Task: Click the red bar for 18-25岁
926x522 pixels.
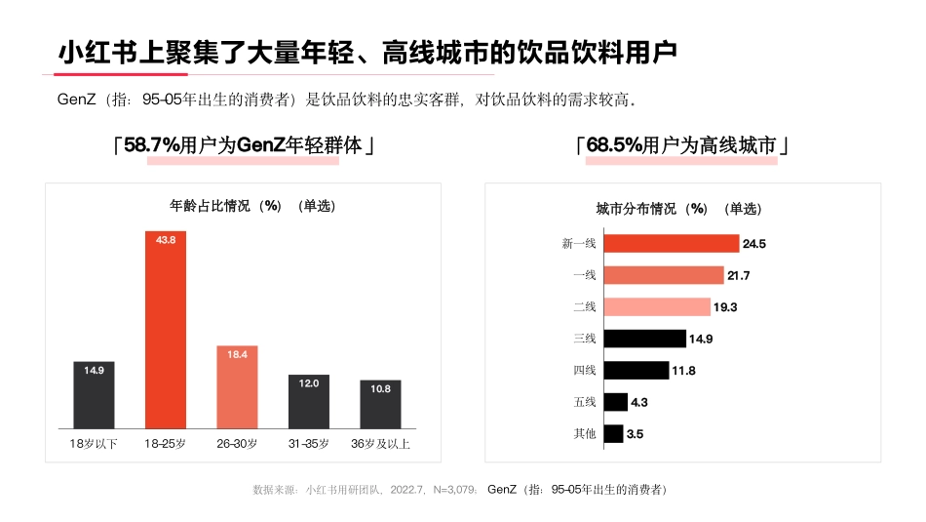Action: (165, 332)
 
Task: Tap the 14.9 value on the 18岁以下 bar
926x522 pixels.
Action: (94, 370)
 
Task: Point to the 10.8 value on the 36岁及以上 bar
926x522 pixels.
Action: (380, 388)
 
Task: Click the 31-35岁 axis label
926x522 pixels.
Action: (309, 444)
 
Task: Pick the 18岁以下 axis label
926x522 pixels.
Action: (94, 444)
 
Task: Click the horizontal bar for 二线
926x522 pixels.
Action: (657, 306)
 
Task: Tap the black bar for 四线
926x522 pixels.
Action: (636, 370)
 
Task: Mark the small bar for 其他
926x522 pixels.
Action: (613, 433)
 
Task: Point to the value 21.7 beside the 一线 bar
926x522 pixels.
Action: (738, 275)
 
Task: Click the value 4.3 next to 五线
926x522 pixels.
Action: (639, 402)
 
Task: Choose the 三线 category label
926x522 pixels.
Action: (584, 339)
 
